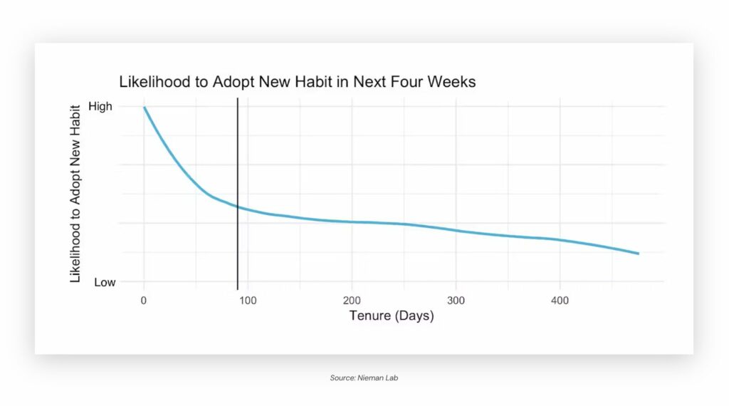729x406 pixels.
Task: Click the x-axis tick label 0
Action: point(144,301)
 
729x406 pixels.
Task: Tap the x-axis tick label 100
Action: point(248,301)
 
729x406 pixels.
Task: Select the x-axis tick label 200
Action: point(352,301)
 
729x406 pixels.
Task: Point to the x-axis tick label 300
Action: point(456,301)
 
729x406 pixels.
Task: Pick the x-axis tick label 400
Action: point(560,301)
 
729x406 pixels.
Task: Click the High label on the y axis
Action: point(100,107)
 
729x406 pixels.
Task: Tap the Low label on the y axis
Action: point(104,282)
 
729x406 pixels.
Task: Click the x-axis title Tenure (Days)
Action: point(391,316)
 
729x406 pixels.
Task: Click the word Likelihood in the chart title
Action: point(150,82)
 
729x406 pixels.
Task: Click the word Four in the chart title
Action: point(407,82)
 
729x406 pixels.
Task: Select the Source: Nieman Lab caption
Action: point(364,378)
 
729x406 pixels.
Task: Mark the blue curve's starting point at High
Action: point(145,108)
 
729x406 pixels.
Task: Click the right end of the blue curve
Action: point(638,254)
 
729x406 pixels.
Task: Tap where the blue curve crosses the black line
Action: point(237,207)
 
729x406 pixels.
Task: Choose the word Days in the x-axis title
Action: point(414,316)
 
